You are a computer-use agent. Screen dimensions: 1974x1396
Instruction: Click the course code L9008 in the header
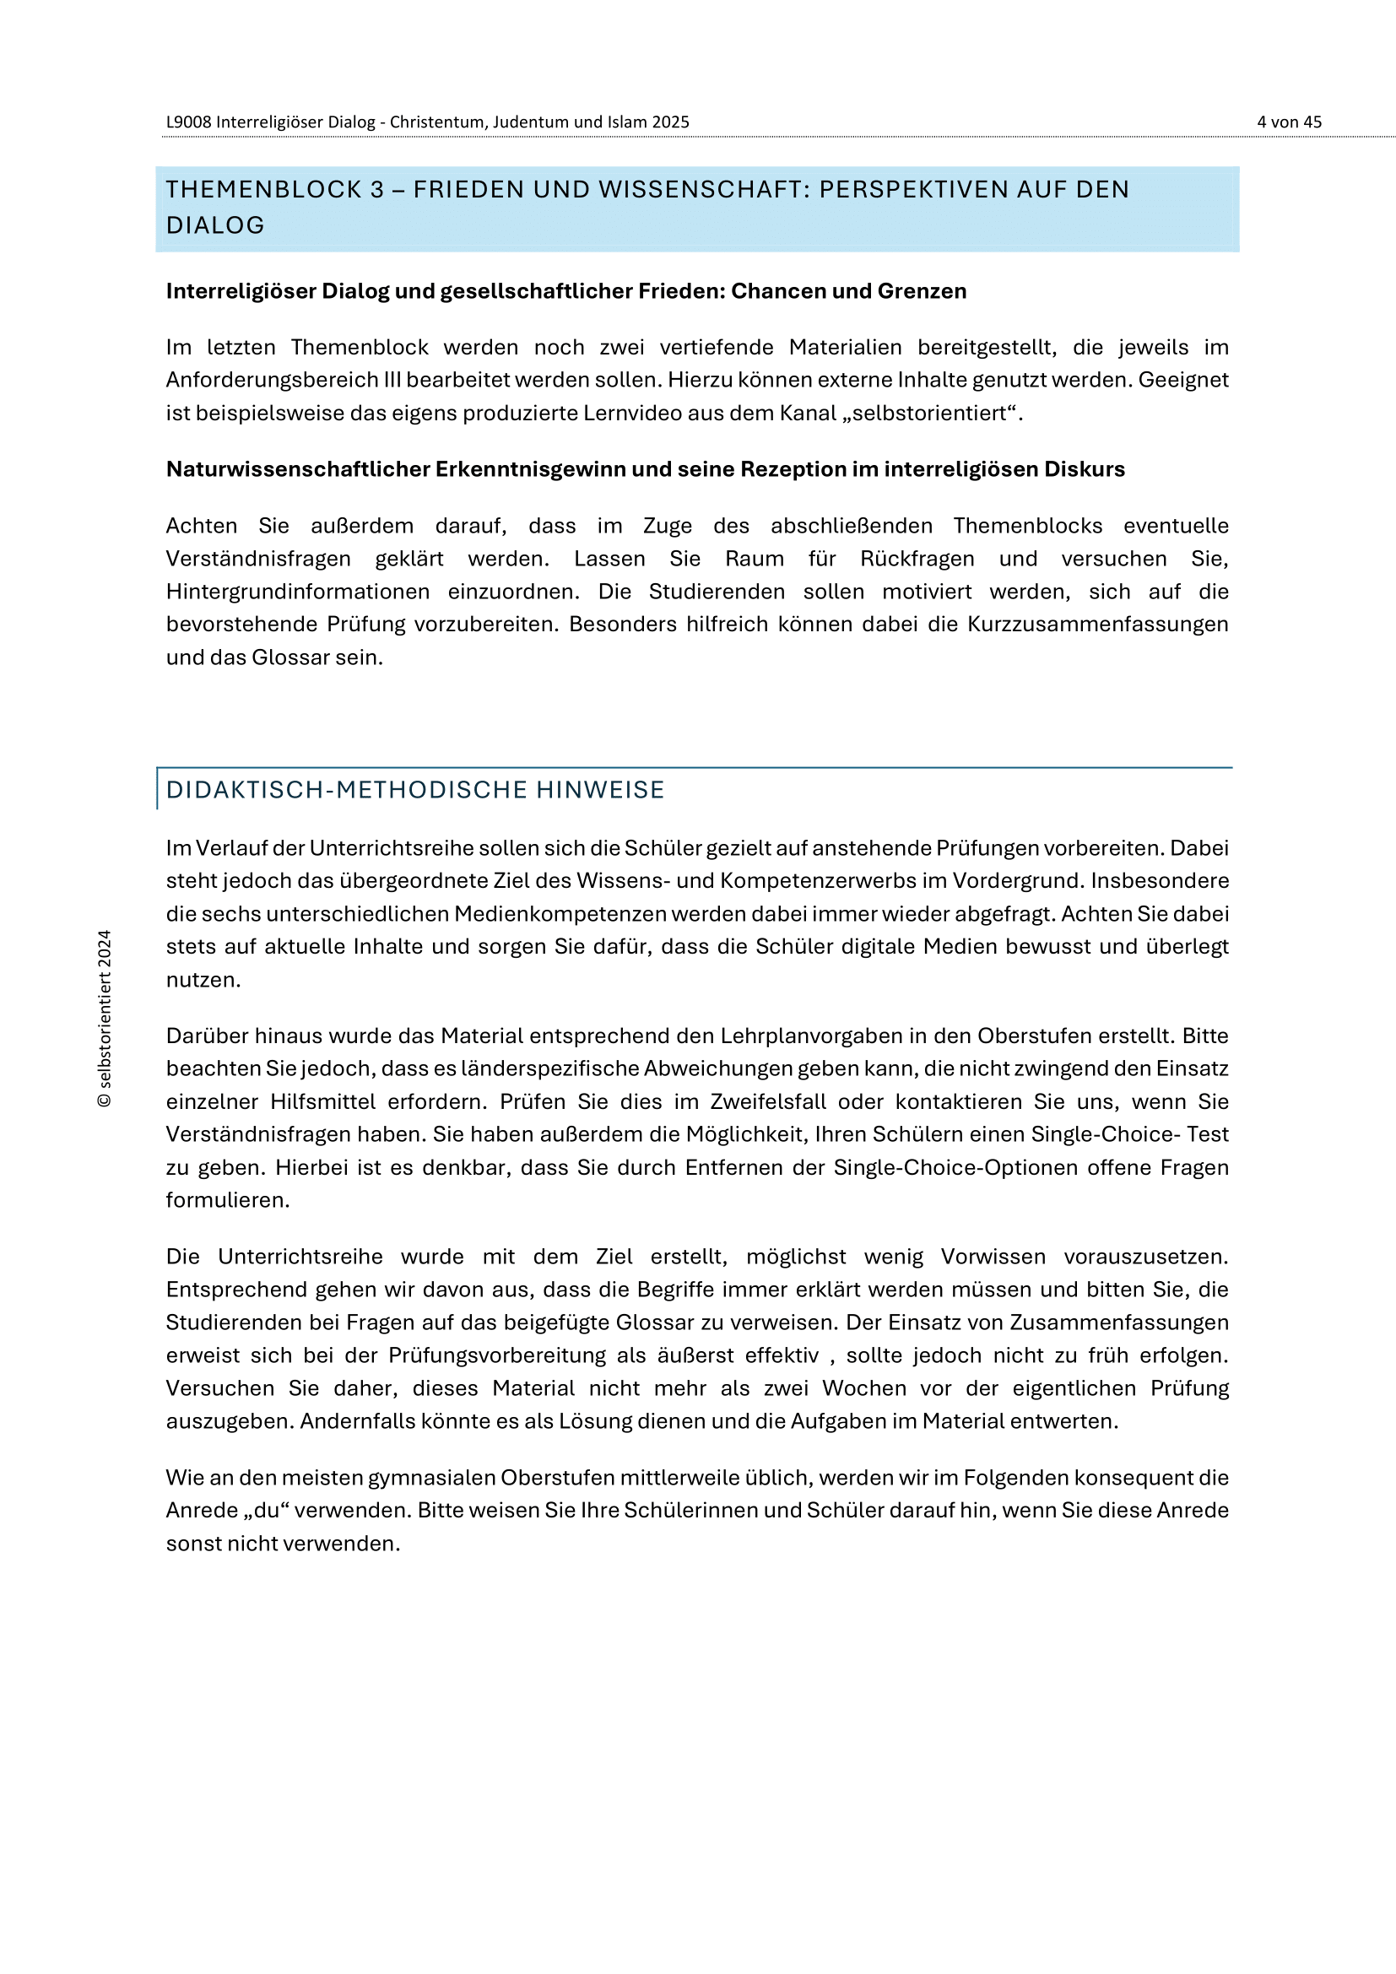pos(188,122)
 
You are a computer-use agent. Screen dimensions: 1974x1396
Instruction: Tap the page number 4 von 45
pos(1289,122)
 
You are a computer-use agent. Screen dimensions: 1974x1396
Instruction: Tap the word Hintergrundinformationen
pos(297,592)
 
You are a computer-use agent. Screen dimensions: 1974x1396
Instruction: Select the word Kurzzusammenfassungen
pos(1098,625)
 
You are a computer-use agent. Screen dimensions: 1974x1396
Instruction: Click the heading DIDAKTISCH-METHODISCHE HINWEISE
pos(415,790)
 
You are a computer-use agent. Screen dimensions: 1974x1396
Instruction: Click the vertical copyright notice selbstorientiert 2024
pos(105,1019)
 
